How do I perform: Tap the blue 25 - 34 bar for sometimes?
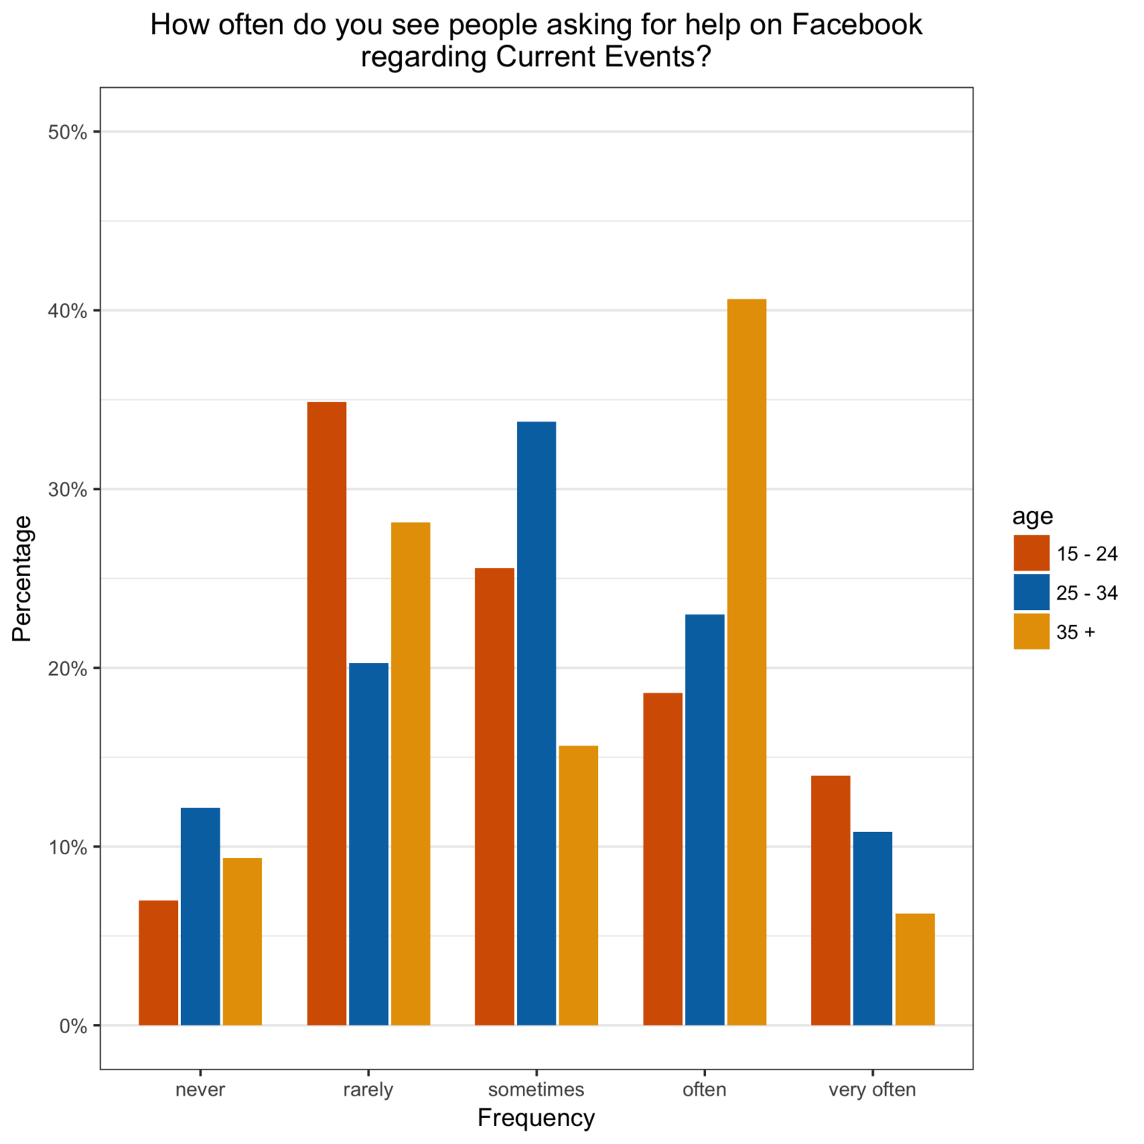[x=536, y=723]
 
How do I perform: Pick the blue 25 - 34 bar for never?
[x=200, y=916]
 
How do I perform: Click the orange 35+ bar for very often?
[x=915, y=969]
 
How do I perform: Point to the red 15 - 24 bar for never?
[x=159, y=962]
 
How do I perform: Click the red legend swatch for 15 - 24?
[x=1031, y=553]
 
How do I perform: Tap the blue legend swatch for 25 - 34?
[x=1031, y=593]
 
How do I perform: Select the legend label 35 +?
[x=1075, y=632]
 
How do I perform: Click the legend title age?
[x=1032, y=516]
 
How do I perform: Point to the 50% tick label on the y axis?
[x=67, y=133]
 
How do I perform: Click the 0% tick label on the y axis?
[x=72, y=1026]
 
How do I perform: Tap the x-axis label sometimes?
[x=536, y=1090]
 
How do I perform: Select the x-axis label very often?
[x=872, y=1090]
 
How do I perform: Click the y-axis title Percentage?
[x=22, y=578]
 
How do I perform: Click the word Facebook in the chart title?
[x=857, y=25]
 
